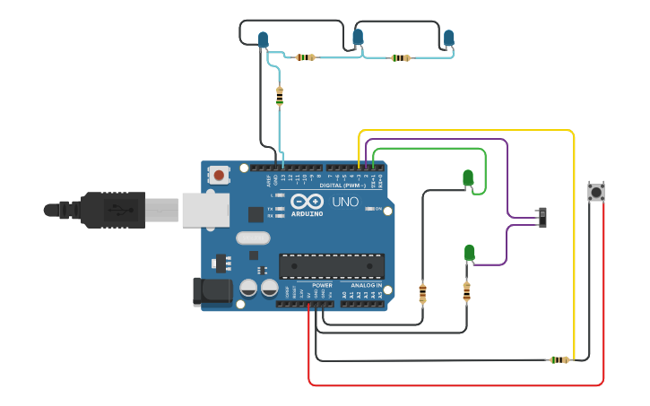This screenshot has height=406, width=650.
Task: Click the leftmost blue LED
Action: pos(263,39)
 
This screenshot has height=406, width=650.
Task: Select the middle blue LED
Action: pos(358,37)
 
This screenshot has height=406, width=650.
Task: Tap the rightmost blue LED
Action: pos(448,38)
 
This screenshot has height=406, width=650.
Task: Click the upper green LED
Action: pos(468,177)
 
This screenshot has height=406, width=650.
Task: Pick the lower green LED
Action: pos(469,253)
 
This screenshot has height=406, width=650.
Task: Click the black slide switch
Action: pos(542,217)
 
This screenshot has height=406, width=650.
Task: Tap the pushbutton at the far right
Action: pos(594,192)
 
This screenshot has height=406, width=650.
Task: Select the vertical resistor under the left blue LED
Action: pos(280,96)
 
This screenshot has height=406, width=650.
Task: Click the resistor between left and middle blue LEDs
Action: pos(306,57)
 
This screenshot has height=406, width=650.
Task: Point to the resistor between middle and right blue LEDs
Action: pos(400,58)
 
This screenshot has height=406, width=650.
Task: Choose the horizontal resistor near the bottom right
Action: pos(559,360)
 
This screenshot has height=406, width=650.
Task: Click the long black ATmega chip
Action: pos(331,265)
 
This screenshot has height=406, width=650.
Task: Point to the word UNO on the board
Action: pos(345,203)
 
